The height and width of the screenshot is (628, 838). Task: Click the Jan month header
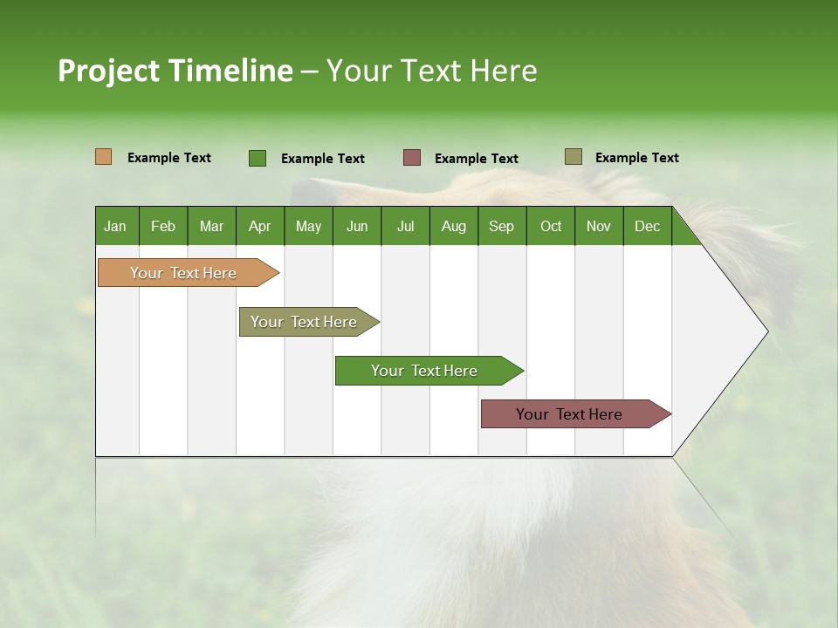[115, 227]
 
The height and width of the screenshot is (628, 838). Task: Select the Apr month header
[259, 227]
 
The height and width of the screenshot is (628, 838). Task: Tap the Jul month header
[405, 227]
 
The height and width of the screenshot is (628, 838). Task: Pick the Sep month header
[501, 227]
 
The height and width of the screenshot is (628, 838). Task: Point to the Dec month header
[647, 227]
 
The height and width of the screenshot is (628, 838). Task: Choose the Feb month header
[163, 227]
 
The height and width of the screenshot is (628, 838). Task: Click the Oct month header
[551, 227]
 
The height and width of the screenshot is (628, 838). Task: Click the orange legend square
[104, 157]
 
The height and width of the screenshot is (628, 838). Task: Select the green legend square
[258, 158]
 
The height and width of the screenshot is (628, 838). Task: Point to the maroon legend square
[412, 158]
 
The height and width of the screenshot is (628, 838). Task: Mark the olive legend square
[574, 157]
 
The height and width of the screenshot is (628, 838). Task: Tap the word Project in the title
[107, 71]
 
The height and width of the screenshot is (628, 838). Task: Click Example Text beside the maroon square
[476, 159]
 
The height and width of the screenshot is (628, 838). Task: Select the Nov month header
[599, 227]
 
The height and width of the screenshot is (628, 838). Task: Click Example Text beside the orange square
[169, 158]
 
